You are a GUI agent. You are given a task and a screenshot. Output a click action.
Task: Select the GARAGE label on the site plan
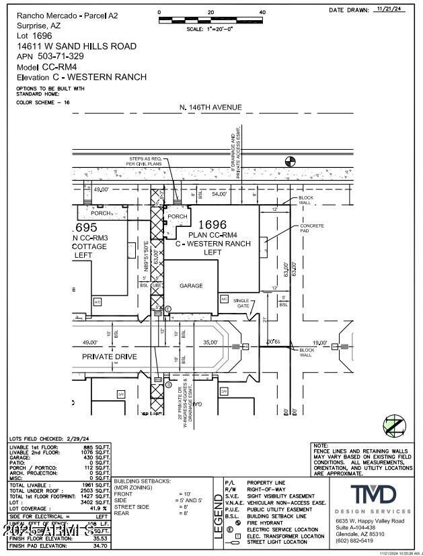pos(191,285)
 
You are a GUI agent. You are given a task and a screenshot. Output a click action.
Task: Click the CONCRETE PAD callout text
pos(312,228)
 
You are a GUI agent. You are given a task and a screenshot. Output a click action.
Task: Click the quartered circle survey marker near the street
pos(291,161)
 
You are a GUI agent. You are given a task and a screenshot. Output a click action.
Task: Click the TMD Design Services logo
pos(373,496)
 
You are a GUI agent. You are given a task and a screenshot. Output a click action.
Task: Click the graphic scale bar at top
pos(210,21)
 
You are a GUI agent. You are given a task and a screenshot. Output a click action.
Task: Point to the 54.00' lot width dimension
pos(219,193)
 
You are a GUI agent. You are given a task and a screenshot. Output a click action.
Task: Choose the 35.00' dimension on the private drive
pos(210,342)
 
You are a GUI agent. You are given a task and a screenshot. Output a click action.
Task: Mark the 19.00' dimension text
pos(320,342)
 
